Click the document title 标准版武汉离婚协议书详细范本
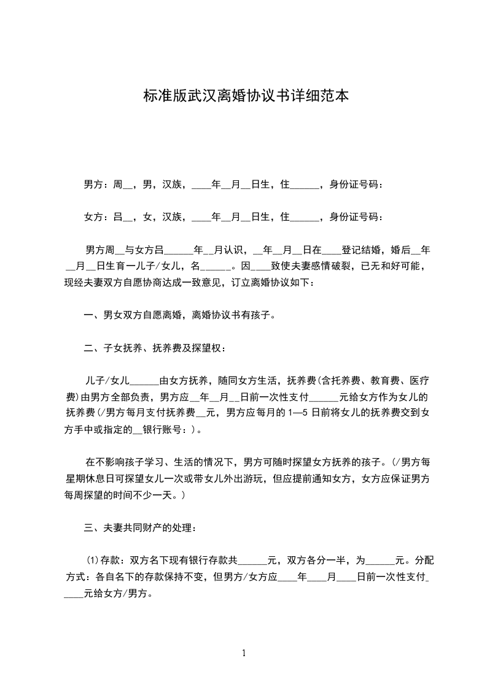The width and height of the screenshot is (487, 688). tap(246, 96)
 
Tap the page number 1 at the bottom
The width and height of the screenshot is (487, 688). tap(244, 653)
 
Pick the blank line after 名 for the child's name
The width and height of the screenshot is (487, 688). tap(216, 267)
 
